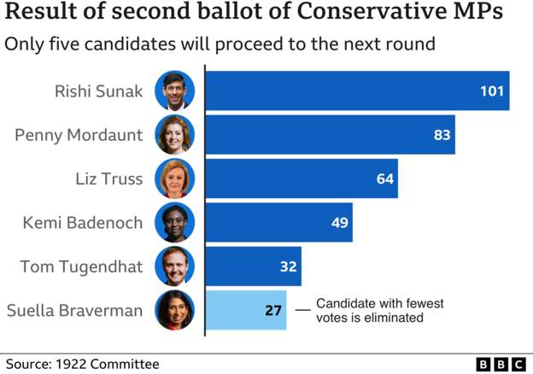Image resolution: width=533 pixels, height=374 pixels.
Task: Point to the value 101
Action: (491, 91)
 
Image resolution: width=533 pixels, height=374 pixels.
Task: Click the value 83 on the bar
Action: (442, 135)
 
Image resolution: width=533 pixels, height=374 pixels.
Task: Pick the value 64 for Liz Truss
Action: (385, 179)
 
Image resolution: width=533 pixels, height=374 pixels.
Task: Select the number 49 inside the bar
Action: (340, 222)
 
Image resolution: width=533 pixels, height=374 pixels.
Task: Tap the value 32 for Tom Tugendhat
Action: (288, 266)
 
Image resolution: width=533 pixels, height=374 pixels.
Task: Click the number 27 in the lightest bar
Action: (273, 310)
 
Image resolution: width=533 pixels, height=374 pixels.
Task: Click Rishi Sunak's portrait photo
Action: (174, 91)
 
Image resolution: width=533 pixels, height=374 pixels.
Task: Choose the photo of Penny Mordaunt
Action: (174, 135)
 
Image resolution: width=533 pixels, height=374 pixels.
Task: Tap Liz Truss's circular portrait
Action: (174, 179)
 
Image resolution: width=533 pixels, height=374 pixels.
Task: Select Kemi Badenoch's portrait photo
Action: (174, 223)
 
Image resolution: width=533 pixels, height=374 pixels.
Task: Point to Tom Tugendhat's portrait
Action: (174, 266)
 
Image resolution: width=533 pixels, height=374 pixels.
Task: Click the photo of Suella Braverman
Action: (174, 310)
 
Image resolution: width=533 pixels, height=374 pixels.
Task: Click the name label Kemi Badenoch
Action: (82, 223)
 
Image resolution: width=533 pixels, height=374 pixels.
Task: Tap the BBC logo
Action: (500, 365)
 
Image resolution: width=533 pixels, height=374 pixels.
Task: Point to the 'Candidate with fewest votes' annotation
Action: (379, 310)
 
